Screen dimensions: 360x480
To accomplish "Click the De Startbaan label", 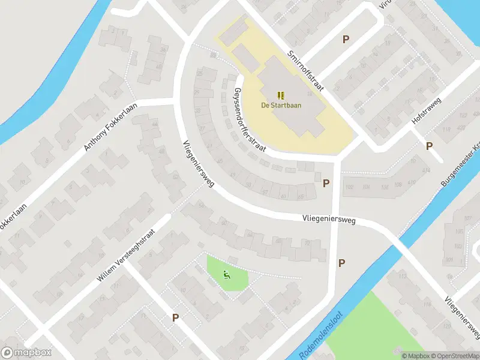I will click(x=281, y=106).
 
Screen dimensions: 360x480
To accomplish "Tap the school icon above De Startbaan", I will click(x=281, y=95).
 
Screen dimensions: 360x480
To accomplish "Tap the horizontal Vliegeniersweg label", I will click(x=329, y=221).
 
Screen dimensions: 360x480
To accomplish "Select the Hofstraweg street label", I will click(x=426, y=112).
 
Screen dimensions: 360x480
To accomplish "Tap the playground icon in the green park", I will click(x=226, y=275).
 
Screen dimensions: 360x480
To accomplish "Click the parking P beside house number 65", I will click(x=326, y=184).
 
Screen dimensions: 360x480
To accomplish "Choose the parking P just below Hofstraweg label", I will click(x=429, y=146).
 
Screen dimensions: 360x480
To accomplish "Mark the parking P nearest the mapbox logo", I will click(x=175, y=318).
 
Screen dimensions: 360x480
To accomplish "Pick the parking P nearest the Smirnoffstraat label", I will click(x=346, y=40).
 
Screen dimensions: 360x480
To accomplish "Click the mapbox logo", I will click(x=27, y=353).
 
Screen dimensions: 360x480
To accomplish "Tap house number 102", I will click(x=350, y=187).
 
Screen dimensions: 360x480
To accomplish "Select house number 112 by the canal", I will click(x=401, y=276).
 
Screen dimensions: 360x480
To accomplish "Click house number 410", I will click(x=411, y=182).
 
